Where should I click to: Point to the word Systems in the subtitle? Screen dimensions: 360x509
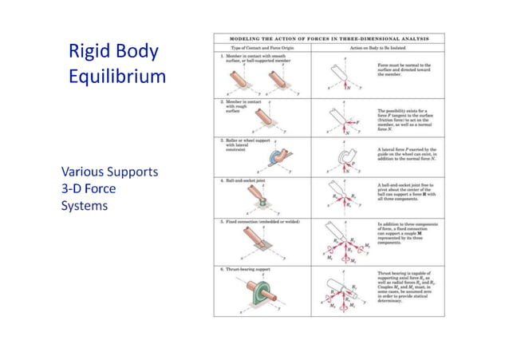(85, 205)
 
